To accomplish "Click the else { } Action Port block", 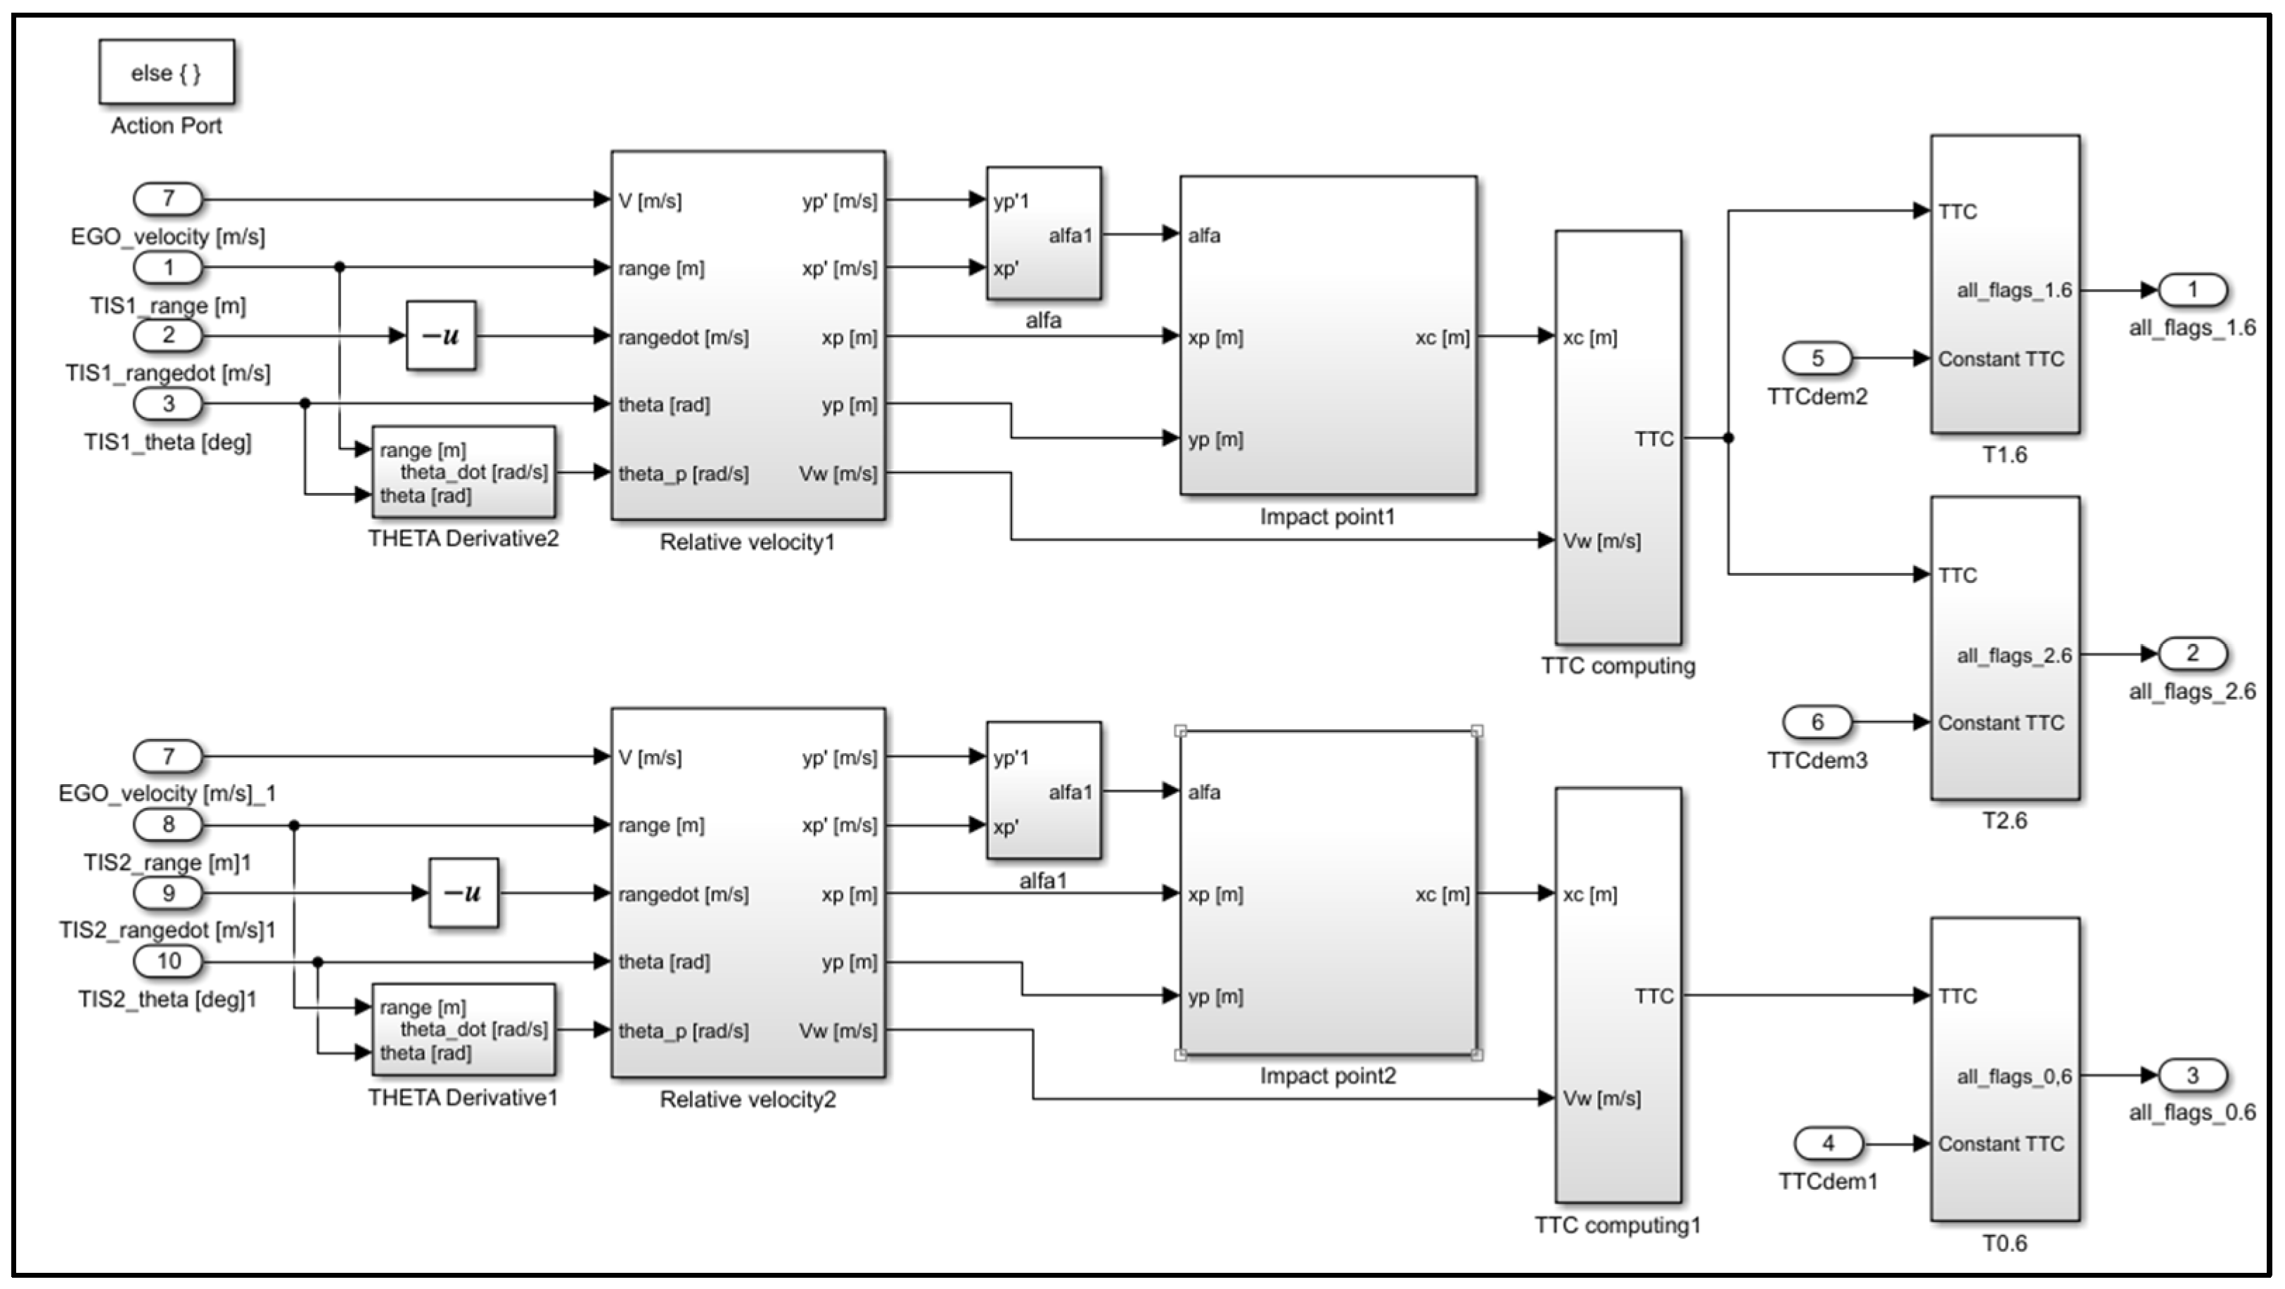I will click(166, 72).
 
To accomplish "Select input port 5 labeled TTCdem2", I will click(1817, 359).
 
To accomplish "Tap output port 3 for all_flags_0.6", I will click(2192, 1075).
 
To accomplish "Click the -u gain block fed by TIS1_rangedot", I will click(441, 335).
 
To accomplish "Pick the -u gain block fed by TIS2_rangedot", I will click(463, 892).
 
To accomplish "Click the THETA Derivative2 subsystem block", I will click(463, 472).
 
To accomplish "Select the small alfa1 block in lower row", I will click(1043, 790).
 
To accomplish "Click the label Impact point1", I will click(1327, 516).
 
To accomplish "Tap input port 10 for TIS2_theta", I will click(167, 961).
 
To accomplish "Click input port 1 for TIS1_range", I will click(167, 266).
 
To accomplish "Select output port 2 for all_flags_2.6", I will click(2192, 654).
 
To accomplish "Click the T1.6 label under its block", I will click(2004, 455).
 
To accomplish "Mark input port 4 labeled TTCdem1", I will click(1827, 1143).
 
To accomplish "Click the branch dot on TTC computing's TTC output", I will click(1728, 437).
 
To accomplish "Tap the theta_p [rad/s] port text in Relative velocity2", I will click(683, 1031).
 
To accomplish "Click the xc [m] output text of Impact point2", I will click(1442, 894).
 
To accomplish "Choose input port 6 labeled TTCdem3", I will click(1817, 722).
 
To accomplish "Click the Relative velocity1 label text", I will click(747, 542).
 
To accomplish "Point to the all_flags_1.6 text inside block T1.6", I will click(2014, 290).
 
